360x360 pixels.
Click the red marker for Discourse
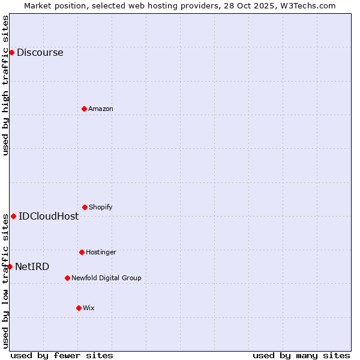[x=11, y=52]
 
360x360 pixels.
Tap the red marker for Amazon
[x=84, y=109]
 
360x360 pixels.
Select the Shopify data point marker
[x=85, y=207]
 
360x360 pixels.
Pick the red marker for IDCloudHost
[x=13, y=216]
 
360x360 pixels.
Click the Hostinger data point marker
[x=82, y=252]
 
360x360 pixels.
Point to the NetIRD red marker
[x=10, y=266]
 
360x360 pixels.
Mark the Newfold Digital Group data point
[x=67, y=278]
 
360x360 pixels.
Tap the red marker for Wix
[x=79, y=308]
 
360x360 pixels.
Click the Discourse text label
[x=40, y=52]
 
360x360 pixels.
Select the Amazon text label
[x=101, y=109]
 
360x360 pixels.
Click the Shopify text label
[x=101, y=207]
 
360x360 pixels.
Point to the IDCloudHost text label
[x=49, y=216]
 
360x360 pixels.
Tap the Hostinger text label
[x=101, y=252]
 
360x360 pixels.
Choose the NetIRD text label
[x=32, y=266]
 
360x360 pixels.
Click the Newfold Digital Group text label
[x=106, y=278]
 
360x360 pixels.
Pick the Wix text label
[x=89, y=308]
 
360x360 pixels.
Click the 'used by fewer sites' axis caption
[x=62, y=355]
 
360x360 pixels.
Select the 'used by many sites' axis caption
[x=301, y=355]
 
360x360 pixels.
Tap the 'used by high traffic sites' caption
[x=5, y=85]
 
